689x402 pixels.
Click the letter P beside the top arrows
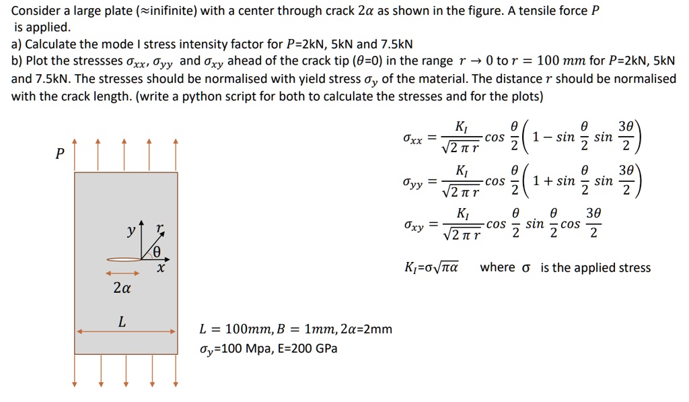tap(60, 154)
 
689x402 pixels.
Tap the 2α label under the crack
tap(122, 288)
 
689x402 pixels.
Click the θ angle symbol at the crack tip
tap(157, 252)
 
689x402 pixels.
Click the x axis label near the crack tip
tap(161, 267)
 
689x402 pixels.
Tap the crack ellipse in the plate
tap(124, 259)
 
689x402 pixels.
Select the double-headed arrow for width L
tap(126, 331)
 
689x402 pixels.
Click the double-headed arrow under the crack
tap(122, 273)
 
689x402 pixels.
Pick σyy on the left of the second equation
tap(413, 183)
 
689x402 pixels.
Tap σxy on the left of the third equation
tap(414, 226)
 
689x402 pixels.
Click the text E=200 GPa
tap(308, 348)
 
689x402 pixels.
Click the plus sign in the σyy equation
tap(548, 180)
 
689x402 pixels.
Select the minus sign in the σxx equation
tap(548, 137)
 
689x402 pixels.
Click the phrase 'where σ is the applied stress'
tap(565, 267)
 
